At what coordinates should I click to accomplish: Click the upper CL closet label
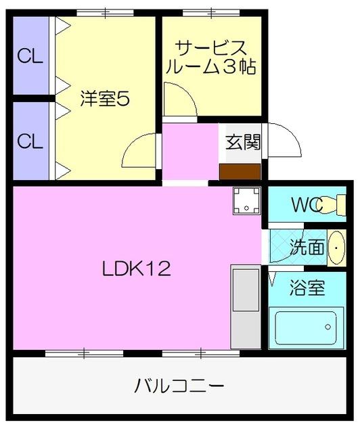30,56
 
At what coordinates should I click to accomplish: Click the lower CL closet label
30,141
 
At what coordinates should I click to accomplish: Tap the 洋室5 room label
104,99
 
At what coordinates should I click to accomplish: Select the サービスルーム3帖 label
211,58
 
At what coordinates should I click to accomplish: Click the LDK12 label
136,269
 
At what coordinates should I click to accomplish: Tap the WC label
305,205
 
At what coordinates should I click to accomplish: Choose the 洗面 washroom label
307,247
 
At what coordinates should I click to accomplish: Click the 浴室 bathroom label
307,289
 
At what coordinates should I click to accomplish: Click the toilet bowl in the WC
334,204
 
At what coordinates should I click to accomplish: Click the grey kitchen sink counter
244,308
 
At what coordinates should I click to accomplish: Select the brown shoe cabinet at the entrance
240,173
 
